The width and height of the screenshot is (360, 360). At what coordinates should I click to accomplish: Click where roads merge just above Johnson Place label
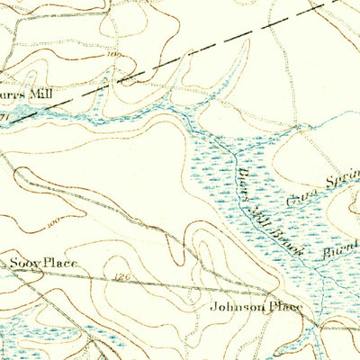point(270,293)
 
